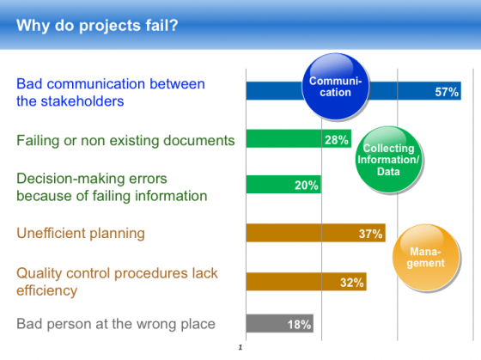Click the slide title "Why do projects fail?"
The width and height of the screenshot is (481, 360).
coord(97,26)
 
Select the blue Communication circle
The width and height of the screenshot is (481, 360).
coord(336,86)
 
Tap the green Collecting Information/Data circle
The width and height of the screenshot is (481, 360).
coord(388,159)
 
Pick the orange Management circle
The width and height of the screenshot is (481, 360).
coord(426,257)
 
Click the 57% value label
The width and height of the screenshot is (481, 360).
coord(447,92)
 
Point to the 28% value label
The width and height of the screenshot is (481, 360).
coord(337,140)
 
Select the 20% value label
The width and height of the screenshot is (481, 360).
coord(307,186)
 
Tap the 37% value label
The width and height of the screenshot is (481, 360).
coord(370,234)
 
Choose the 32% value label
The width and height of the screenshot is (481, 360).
coord(352,283)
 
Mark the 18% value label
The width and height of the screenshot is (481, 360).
coord(299,325)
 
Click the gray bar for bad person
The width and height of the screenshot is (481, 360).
coord(280,323)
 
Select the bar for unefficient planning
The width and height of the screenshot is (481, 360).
coord(316,233)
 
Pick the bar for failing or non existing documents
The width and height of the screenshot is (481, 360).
coord(299,138)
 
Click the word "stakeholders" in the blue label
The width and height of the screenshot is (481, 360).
coord(82,101)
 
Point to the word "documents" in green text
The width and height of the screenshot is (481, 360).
coord(198,141)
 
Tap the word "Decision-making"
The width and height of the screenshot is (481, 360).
coord(92,179)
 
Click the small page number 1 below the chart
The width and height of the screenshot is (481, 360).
coord(240,347)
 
